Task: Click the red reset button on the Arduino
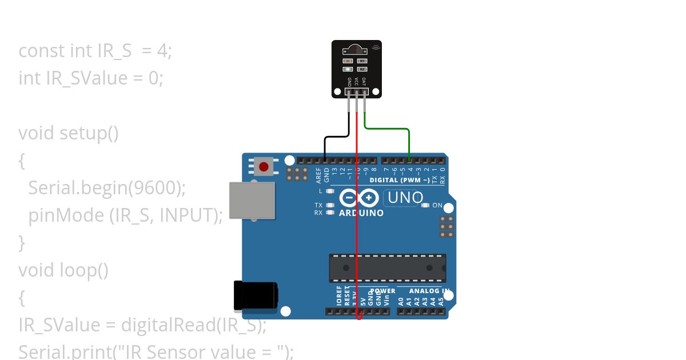pyautogui.click(x=264, y=167)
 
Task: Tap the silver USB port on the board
pyautogui.click(x=252, y=200)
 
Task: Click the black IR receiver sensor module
pyautogui.click(x=357, y=69)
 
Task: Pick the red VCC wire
pyautogui.click(x=357, y=229)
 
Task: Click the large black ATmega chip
pyautogui.click(x=387, y=268)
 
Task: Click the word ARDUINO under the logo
pyautogui.click(x=361, y=213)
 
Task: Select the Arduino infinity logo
pyautogui.click(x=359, y=198)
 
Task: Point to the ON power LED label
pyautogui.click(x=437, y=205)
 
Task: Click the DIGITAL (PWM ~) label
pyautogui.click(x=400, y=180)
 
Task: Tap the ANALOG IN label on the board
pyautogui.click(x=429, y=291)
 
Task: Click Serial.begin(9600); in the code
pyautogui.click(x=107, y=187)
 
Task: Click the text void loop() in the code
pyautogui.click(x=63, y=270)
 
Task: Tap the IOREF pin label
pyautogui.click(x=339, y=296)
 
